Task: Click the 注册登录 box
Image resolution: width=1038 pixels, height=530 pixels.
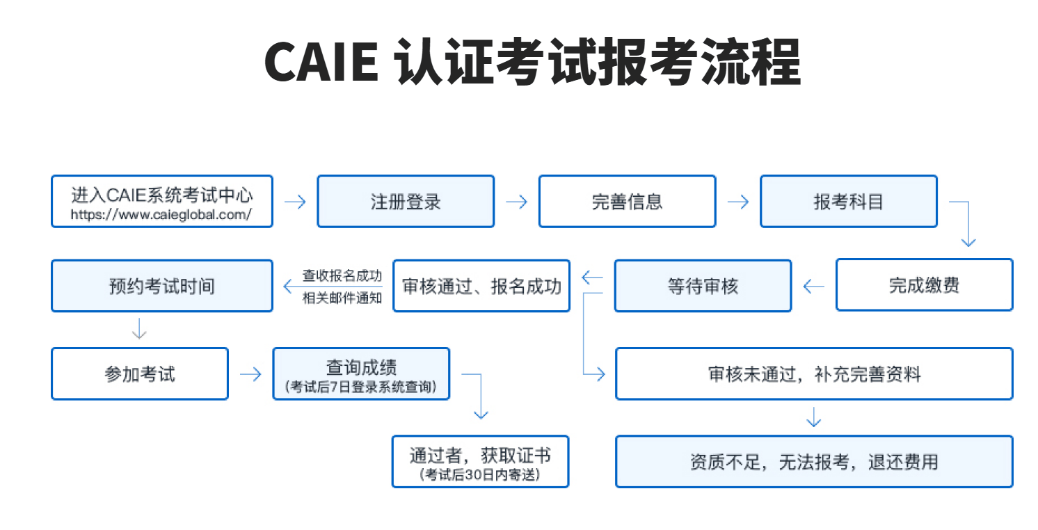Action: pos(406,202)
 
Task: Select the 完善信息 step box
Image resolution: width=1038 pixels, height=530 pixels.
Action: pos(627,202)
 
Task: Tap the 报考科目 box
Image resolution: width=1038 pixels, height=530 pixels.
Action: pos(848,202)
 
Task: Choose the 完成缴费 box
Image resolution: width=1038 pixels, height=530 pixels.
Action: pos(924,285)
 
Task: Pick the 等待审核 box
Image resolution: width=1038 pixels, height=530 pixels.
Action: pos(703,285)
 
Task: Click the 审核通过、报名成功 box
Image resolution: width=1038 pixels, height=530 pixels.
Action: pos(481,285)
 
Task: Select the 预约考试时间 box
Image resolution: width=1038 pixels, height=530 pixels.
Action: pos(161,285)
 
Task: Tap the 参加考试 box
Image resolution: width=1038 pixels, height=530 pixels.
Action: pos(140,374)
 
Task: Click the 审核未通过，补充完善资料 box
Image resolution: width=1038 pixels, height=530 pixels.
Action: pos(814,374)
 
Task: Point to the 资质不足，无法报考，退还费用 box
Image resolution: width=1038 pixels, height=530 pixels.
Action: pos(814,462)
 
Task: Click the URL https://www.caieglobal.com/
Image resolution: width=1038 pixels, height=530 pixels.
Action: pos(161,215)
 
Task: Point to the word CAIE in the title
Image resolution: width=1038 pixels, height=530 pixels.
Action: pos(321,63)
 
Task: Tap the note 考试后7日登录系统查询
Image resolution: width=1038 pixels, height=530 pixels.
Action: pos(361,387)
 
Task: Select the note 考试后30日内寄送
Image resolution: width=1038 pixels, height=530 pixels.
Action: pos(480,475)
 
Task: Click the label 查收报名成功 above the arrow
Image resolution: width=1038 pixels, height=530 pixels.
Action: pos(342,275)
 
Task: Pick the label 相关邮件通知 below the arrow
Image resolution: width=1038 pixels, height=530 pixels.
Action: pos(342,298)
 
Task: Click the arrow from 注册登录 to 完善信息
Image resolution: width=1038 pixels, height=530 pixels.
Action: pos(516,202)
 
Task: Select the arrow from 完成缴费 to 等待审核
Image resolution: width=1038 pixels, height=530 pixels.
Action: pos(813,286)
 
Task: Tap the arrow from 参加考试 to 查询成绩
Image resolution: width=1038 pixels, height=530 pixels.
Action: pos(250,374)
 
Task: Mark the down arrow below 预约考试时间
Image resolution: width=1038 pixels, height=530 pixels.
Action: pos(139,328)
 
